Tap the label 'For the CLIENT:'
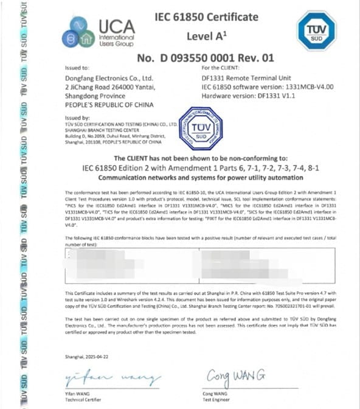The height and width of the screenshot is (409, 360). click(x=221, y=68)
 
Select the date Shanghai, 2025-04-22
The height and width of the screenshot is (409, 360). click(x=89, y=355)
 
